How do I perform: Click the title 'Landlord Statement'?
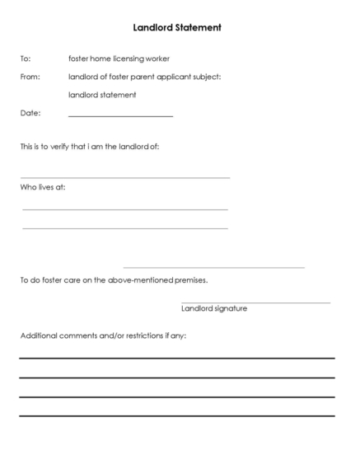[176, 27]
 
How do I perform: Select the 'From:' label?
[29, 77]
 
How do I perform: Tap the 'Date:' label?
[29, 113]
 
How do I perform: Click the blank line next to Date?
[120, 116]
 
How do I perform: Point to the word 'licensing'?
[130, 59]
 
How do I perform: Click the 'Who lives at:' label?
[42, 186]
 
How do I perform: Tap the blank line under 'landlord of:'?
[124, 177]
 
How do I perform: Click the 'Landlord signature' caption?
[213, 309]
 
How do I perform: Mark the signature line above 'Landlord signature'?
[255, 303]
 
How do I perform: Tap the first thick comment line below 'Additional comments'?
[177, 359]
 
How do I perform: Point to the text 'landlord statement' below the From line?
[101, 95]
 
